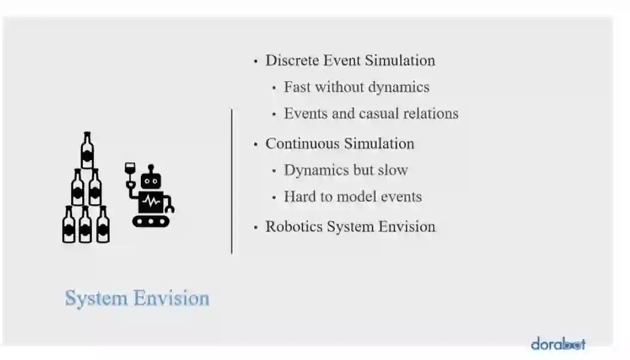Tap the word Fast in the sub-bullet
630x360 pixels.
297,87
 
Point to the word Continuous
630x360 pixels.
302,144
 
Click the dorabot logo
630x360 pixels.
558,344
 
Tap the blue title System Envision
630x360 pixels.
137,298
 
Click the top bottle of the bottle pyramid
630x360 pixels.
88,150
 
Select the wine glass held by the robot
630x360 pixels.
130,170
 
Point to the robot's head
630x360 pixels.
150,180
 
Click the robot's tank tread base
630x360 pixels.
151,221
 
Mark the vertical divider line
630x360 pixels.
231,181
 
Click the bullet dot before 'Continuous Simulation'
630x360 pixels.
256,144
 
